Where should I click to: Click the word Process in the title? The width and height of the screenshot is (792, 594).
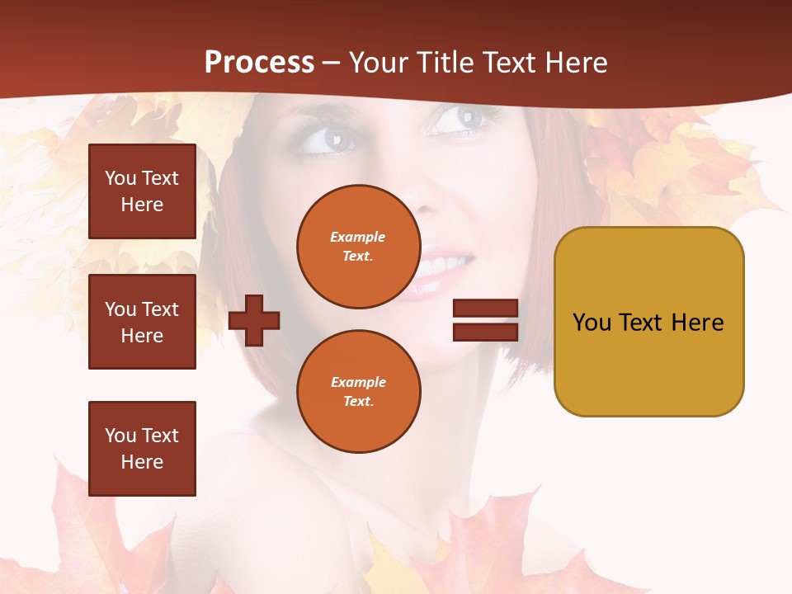(x=259, y=63)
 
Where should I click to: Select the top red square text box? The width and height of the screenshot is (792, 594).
(x=142, y=191)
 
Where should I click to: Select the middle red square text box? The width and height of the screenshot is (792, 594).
(x=142, y=322)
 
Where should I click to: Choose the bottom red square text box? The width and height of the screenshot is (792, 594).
(x=142, y=449)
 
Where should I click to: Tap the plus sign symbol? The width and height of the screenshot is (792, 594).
(x=254, y=319)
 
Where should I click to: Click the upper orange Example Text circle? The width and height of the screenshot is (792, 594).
(x=358, y=247)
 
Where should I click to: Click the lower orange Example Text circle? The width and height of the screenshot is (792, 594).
(x=358, y=392)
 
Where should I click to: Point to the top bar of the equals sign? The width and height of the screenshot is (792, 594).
(x=485, y=309)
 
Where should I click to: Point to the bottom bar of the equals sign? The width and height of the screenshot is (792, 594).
(x=485, y=332)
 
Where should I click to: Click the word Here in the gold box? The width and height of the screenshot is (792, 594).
(x=697, y=323)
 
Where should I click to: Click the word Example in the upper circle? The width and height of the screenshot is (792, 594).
(x=358, y=237)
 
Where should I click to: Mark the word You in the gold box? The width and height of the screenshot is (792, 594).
(x=592, y=323)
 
